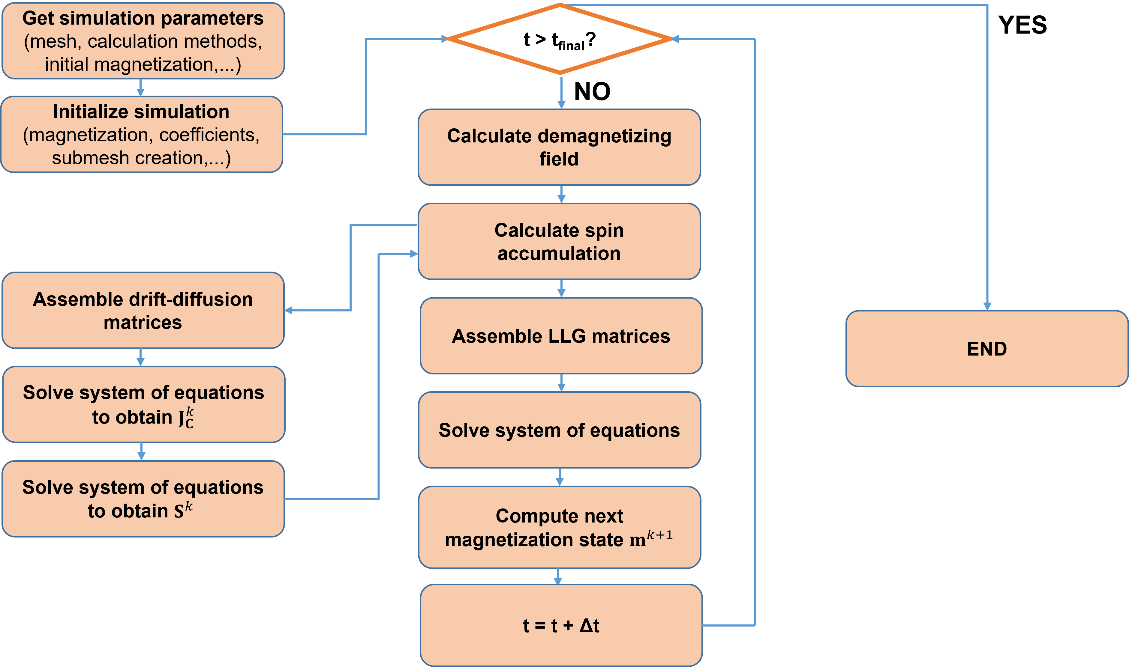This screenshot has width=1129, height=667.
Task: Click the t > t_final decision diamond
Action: click(559, 40)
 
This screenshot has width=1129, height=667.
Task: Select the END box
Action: click(986, 348)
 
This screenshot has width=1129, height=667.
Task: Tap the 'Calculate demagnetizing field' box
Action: click(559, 147)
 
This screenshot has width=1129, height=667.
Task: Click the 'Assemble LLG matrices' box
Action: click(561, 336)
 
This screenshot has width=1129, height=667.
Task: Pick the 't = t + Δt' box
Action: click(561, 625)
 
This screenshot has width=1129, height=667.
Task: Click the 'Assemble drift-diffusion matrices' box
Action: click(143, 310)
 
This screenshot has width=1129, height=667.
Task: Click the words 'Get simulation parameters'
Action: click(143, 18)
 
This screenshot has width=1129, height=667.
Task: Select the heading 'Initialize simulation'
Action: click(141, 112)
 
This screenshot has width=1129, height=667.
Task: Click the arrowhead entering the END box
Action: click(987, 307)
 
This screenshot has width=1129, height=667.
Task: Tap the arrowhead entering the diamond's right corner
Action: click(675, 39)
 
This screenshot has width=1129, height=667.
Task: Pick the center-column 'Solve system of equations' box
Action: click(559, 430)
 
